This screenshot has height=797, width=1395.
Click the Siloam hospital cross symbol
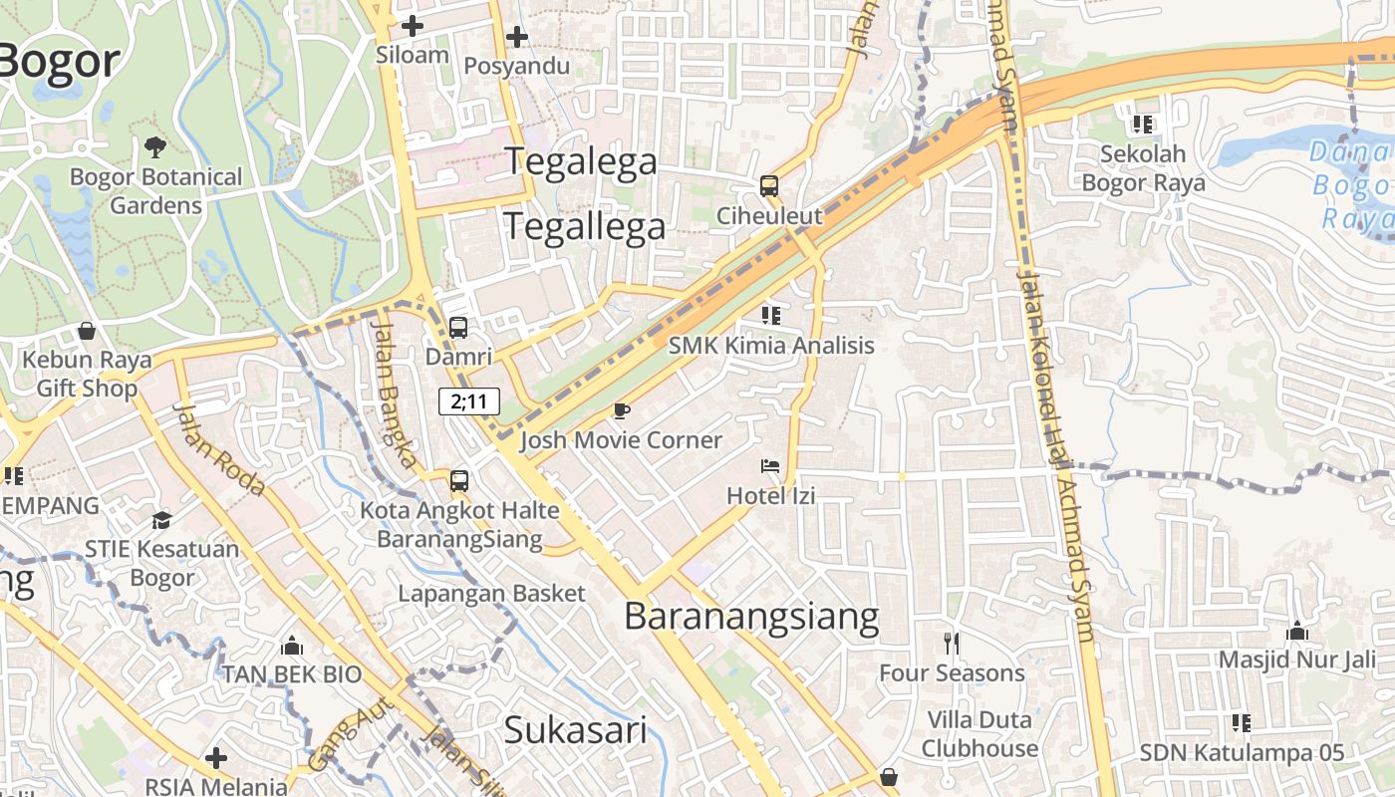pos(412,26)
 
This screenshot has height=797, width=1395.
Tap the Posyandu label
pos(516,66)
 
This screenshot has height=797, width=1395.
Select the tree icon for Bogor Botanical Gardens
pos(154,147)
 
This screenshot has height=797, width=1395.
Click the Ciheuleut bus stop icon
pos(768,185)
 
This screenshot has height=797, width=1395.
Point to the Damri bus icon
pos(458,327)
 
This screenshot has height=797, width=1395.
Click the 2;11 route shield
pos(468,401)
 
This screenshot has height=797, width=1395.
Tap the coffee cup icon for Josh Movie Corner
pos(622,410)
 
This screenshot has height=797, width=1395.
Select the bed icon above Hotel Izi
pos(770,465)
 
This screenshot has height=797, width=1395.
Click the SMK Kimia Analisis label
pos(770,346)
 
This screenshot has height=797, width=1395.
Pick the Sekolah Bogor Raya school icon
pos(1142,125)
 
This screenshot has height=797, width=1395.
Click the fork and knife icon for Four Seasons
pos(952,644)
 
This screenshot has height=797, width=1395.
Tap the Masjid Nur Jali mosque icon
pos(1296,631)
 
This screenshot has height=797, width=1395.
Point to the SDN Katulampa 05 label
pos(1242,753)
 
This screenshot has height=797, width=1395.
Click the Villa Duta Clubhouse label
pos(979,734)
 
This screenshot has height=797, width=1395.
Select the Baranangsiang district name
pos(751,617)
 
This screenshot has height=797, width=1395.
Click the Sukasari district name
pos(575,729)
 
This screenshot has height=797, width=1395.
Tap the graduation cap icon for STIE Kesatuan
pos(161,520)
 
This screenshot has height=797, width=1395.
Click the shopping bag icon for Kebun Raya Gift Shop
pos(87,330)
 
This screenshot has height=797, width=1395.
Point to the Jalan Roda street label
pos(218,450)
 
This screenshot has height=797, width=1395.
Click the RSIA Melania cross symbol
pos(215,759)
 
